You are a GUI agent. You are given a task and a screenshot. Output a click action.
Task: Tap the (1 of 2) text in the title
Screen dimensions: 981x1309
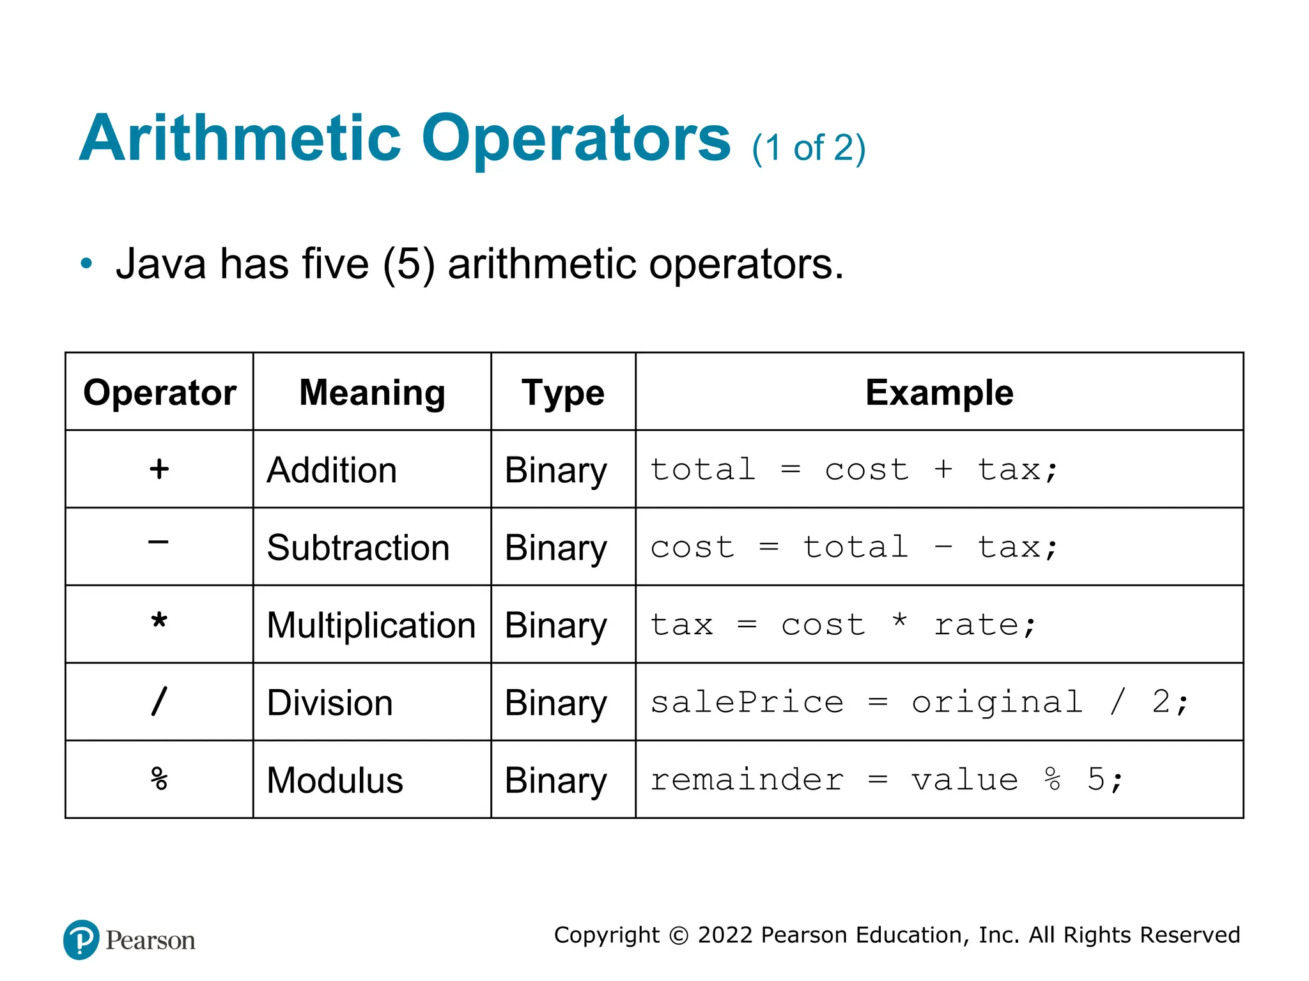click(x=809, y=148)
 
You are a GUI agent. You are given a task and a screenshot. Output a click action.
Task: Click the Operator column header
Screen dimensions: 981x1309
click(x=160, y=392)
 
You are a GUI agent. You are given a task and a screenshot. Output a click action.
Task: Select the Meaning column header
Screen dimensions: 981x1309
click(x=372, y=392)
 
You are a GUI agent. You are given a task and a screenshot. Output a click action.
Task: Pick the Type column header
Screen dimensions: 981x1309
click(x=562, y=392)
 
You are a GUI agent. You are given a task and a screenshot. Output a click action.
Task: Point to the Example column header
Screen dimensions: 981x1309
click(x=939, y=392)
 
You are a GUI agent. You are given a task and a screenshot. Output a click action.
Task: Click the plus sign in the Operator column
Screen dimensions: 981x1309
click(x=159, y=469)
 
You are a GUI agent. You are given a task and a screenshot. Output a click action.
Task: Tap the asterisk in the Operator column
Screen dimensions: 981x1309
click(x=159, y=621)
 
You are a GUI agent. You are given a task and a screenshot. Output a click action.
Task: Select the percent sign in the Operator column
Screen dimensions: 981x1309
click(x=159, y=779)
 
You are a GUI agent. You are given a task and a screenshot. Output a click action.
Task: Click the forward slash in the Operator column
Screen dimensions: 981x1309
click(x=159, y=701)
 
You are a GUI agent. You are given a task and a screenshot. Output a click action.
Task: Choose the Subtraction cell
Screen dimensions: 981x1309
click(x=358, y=547)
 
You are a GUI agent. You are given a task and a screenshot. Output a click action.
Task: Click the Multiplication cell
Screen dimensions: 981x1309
click(x=371, y=625)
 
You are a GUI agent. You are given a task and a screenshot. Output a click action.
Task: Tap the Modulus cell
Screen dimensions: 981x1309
click(x=335, y=780)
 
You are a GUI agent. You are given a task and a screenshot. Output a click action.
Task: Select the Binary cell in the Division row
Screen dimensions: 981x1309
click(x=555, y=703)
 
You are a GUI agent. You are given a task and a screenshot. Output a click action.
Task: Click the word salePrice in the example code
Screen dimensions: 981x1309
click(x=747, y=703)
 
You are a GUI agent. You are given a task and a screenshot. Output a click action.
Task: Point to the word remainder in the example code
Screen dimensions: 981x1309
click(x=747, y=780)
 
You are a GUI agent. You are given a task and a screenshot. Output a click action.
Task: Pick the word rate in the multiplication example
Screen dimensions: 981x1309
click(x=977, y=625)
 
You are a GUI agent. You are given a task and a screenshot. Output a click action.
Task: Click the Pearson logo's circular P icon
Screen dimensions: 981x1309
click(x=81, y=939)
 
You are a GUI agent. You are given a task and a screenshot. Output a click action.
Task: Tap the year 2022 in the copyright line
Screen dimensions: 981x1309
click(x=725, y=935)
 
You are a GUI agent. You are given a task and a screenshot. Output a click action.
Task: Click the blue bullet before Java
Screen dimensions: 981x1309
click(x=86, y=263)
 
